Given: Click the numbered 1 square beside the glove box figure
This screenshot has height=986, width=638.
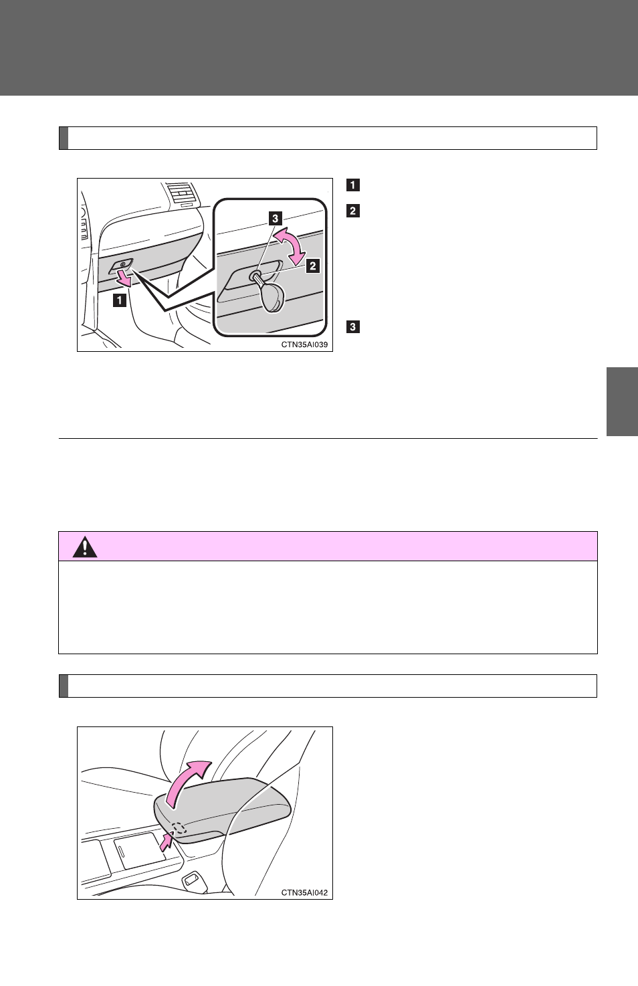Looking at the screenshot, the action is (x=353, y=185).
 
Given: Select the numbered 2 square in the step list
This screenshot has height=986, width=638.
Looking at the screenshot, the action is (x=353, y=211).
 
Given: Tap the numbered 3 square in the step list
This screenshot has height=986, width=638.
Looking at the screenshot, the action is (x=353, y=326).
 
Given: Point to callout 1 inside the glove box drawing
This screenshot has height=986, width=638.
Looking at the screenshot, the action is (x=120, y=300).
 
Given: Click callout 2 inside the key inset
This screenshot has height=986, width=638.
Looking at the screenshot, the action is (x=313, y=266).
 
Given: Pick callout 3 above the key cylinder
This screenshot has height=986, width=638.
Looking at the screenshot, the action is (x=276, y=218).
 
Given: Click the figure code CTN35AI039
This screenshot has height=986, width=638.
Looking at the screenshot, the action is (x=304, y=344).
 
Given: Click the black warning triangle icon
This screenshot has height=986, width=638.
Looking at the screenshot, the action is (x=85, y=548).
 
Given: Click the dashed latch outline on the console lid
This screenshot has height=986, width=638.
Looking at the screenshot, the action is (x=179, y=828).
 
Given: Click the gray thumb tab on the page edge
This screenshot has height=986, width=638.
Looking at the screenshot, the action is (x=622, y=401).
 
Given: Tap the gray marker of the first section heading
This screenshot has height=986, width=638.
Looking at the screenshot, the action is (x=64, y=138).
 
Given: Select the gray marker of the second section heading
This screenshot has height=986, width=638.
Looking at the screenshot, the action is (x=64, y=686).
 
